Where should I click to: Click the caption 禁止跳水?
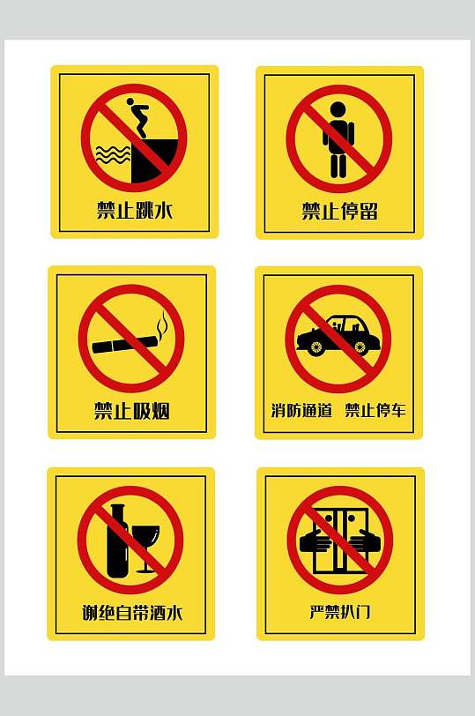click(134, 211)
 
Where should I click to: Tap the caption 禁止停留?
click(339, 212)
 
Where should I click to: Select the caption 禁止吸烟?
click(132, 411)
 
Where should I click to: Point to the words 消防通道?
click(301, 410)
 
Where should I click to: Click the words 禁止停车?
click(375, 410)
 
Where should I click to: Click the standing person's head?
click(338, 109)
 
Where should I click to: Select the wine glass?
click(146, 542)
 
